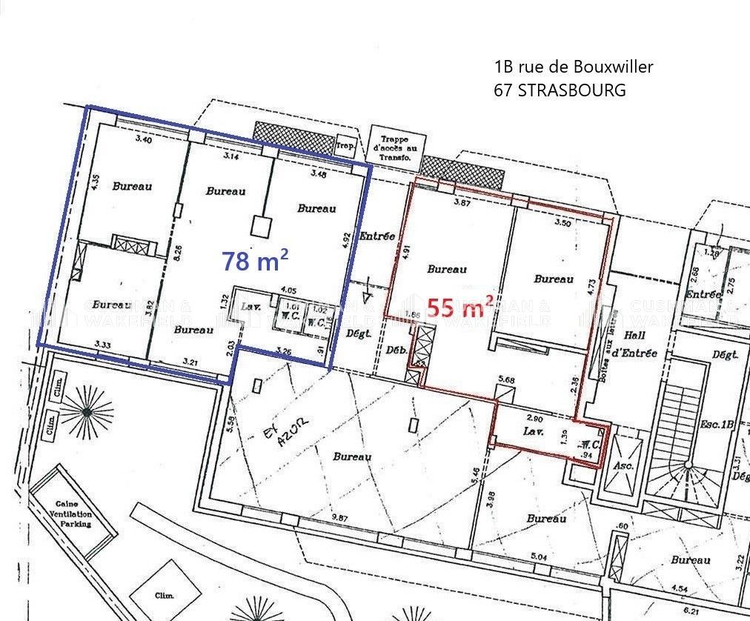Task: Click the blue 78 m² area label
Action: (255, 260)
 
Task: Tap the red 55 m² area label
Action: (461, 306)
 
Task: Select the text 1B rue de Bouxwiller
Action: (574, 67)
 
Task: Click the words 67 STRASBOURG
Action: (560, 90)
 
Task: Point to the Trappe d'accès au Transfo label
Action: (394, 148)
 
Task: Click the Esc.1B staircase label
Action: (717, 425)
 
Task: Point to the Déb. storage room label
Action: (396, 350)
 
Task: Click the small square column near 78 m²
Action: (262, 225)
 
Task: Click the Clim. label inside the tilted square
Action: (164, 595)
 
